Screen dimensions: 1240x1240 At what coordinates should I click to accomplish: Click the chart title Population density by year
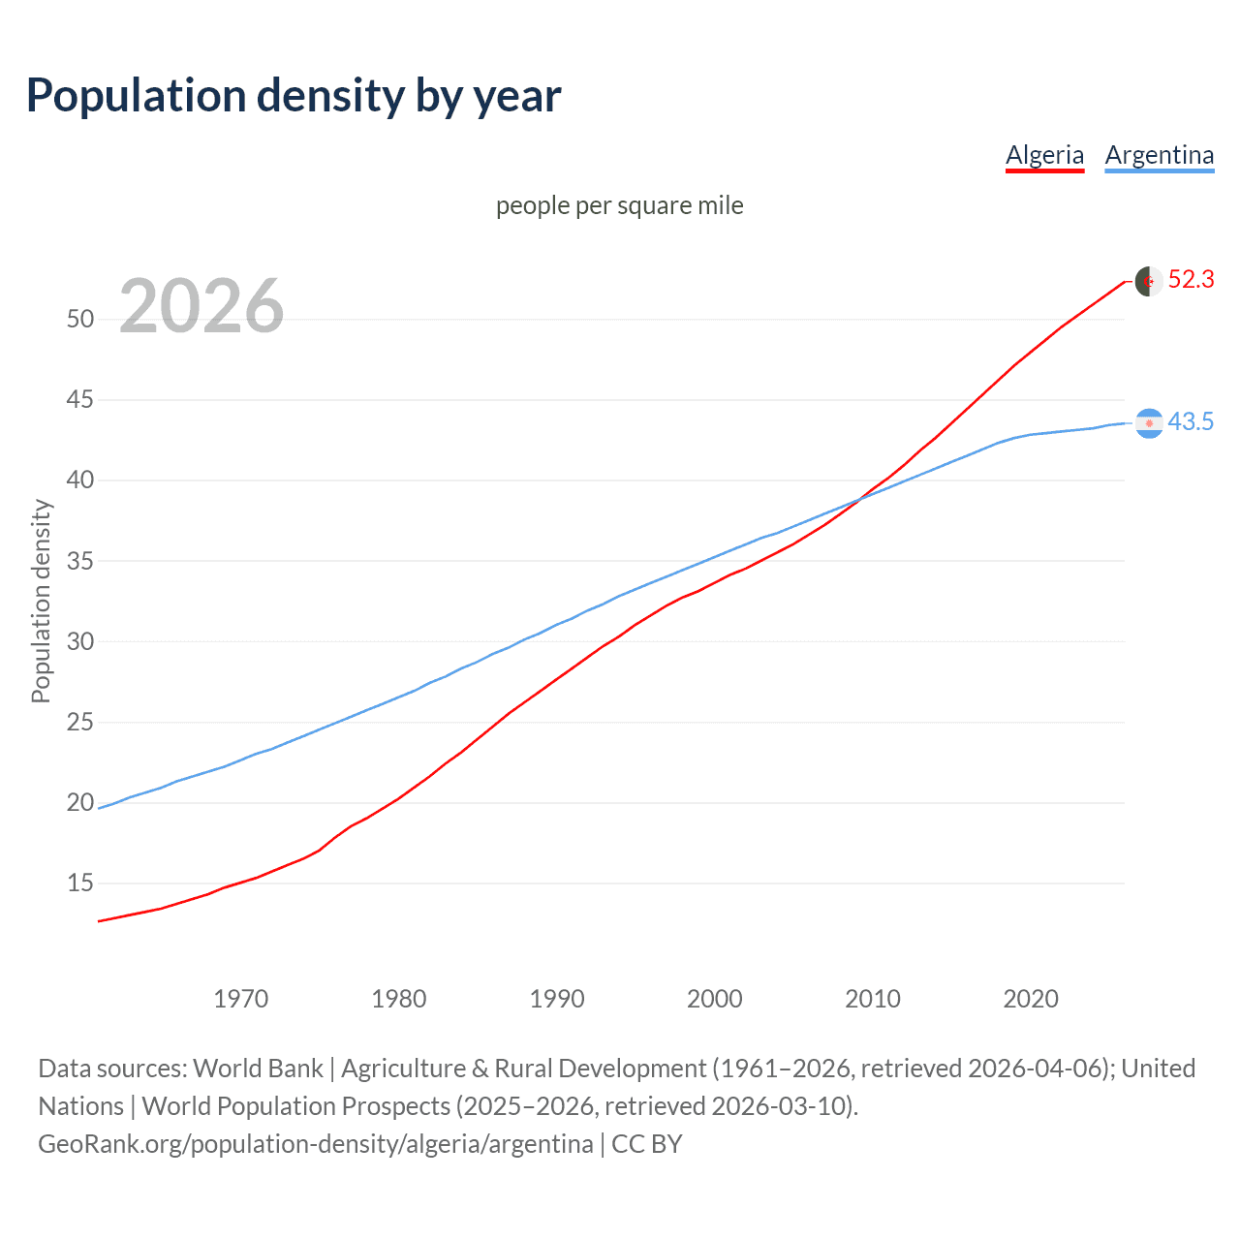pyautogui.click(x=294, y=96)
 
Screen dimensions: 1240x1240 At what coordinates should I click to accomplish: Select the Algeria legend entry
pyautogui.click(x=1044, y=155)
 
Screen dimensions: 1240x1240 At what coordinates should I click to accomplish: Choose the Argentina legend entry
pyautogui.click(x=1159, y=155)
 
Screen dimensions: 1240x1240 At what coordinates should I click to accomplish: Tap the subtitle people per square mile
pyautogui.click(x=619, y=205)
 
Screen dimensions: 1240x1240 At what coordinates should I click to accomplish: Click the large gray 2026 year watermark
pyautogui.click(x=201, y=306)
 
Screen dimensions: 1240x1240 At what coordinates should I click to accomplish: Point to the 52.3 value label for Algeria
pyautogui.click(x=1191, y=280)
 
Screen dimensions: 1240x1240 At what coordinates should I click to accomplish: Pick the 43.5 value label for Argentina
pyautogui.click(x=1191, y=422)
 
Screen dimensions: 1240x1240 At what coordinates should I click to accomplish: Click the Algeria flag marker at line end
pyautogui.click(x=1149, y=281)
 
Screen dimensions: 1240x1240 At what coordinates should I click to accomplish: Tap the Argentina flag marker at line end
pyautogui.click(x=1149, y=423)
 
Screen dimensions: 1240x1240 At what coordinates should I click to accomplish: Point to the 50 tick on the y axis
pyautogui.click(x=80, y=319)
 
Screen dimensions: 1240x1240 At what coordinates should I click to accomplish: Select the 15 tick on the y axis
pyautogui.click(x=80, y=883)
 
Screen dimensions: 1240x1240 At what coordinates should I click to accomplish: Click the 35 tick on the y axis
pyautogui.click(x=80, y=561)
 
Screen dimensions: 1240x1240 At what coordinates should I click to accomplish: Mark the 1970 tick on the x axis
pyautogui.click(x=241, y=999)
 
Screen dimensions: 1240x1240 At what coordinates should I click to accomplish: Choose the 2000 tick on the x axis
pyautogui.click(x=715, y=999)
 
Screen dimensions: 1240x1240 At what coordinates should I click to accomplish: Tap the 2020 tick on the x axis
pyautogui.click(x=1031, y=999)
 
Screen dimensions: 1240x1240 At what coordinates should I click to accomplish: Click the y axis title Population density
pyautogui.click(x=41, y=601)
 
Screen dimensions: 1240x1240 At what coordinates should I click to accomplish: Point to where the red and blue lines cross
pyautogui.click(x=861, y=499)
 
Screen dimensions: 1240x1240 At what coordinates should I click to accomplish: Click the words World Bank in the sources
pyautogui.click(x=258, y=1069)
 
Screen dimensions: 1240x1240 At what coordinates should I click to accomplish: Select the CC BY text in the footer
pyautogui.click(x=647, y=1144)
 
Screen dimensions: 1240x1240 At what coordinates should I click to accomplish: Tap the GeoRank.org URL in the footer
pyautogui.click(x=315, y=1144)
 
